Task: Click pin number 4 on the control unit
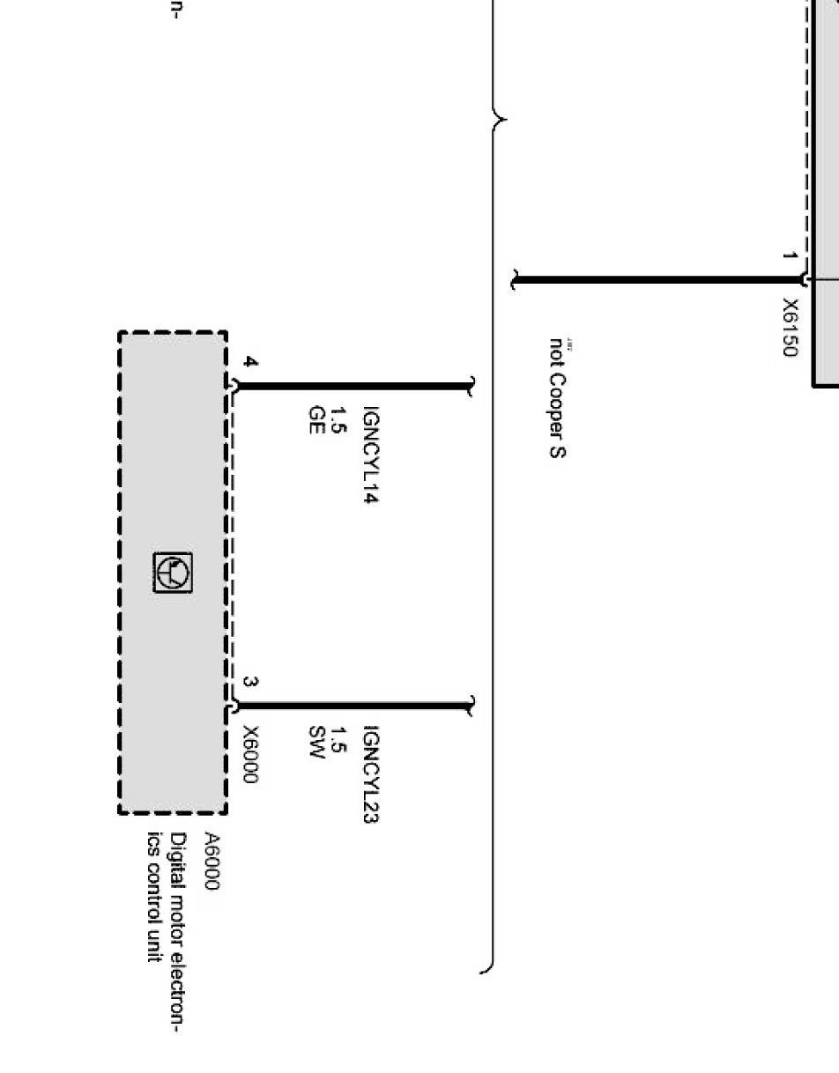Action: [x=250, y=363]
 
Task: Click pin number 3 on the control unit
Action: [x=250, y=683]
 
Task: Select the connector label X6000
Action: [x=250, y=754]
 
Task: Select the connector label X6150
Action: [x=791, y=327]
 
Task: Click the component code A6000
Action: [x=212, y=862]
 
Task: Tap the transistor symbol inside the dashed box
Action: [x=174, y=573]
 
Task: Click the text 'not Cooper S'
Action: [x=558, y=398]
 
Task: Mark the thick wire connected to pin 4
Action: [x=353, y=386]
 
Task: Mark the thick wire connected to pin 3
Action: [x=353, y=706]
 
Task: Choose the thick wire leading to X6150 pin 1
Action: [x=657, y=281]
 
